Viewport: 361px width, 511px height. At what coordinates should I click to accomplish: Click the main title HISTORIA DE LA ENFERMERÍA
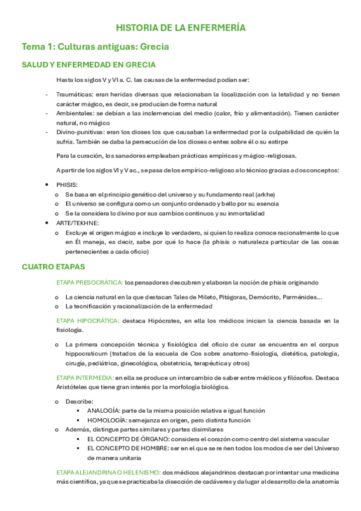pos(180,28)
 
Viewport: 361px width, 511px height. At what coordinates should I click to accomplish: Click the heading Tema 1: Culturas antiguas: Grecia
pos(95,46)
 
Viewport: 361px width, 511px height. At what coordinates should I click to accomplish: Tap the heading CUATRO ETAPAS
pos(54,266)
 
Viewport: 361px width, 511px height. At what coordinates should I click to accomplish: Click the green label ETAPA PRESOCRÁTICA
pos(89,283)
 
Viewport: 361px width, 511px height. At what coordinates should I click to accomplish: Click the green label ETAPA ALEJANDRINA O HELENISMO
pos(108,472)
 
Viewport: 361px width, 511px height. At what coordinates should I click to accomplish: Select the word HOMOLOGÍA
pos(106,420)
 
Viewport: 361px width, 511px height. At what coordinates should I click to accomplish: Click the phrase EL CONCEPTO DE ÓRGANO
pos(128,439)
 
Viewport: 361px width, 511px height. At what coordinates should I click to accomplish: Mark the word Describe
pos(79,401)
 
